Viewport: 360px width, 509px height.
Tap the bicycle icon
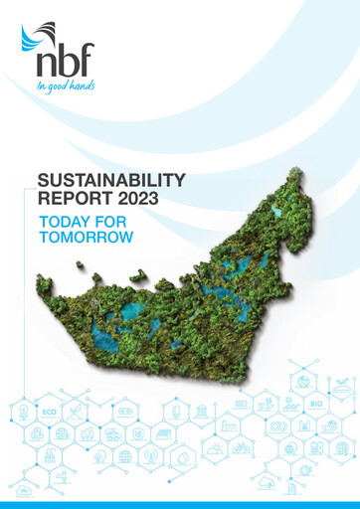(x=242, y=448)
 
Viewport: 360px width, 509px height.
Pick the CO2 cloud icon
(x=22, y=490)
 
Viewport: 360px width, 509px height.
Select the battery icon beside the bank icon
(x=242, y=405)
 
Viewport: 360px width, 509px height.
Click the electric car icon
(x=112, y=434)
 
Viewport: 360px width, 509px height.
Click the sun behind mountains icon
(x=216, y=448)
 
